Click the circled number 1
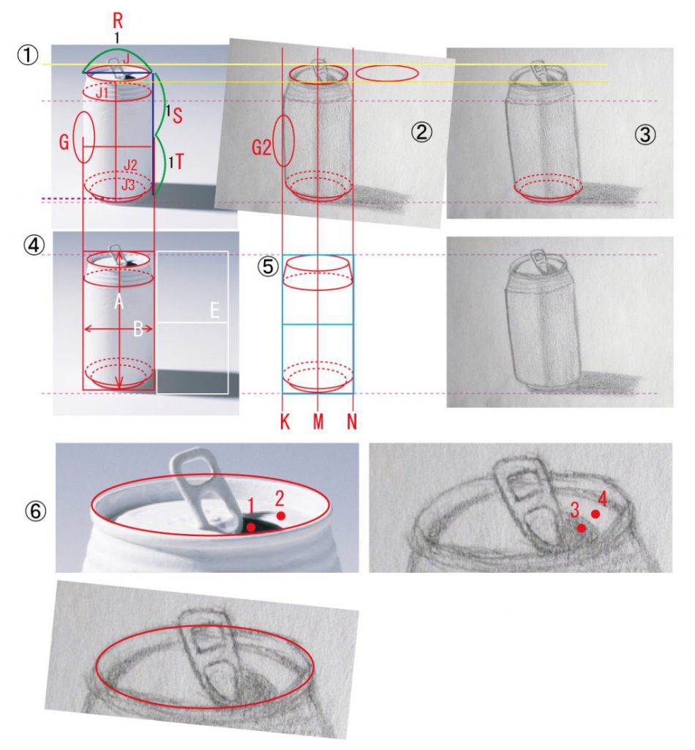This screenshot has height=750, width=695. coord(28,54)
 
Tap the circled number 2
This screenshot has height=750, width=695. coord(421,132)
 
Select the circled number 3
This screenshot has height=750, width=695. coord(645,135)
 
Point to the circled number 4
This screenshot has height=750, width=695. coord(34,245)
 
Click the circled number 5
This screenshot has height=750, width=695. coord(268,267)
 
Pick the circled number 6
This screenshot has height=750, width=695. coord(36,511)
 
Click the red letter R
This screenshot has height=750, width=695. coord(118,21)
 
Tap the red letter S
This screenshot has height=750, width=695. coord(177,116)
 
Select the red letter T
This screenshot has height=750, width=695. coord(179,162)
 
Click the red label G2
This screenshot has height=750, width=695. coord(261,148)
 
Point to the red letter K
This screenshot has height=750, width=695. coord(285,422)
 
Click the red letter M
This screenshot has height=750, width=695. coord(318,422)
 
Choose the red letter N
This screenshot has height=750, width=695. coord(352,422)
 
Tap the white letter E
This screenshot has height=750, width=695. coord(215,311)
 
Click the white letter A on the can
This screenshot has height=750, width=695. coord(119,302)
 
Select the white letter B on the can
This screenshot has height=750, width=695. coord(138,329)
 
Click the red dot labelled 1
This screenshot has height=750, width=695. coord(251,527)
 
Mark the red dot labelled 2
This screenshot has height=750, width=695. coord(281,516)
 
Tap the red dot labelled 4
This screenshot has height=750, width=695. coord(596,513)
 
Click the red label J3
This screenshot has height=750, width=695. coord(128,185)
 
